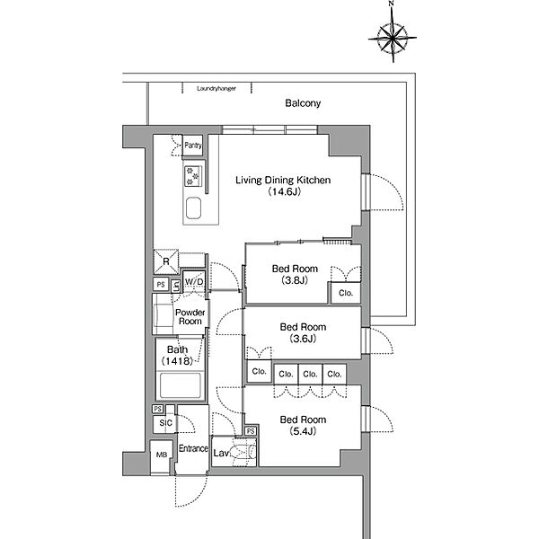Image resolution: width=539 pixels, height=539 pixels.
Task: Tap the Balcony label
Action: [303, 103]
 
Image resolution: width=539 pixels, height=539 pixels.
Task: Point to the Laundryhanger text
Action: [216, 89]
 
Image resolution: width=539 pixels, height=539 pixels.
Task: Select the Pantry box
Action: [193, 145]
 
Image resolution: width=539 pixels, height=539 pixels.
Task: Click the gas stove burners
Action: [193, 176]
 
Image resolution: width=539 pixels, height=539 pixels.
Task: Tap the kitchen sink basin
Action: [193, 208]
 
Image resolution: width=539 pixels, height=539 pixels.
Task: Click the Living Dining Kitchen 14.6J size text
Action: [284, 191]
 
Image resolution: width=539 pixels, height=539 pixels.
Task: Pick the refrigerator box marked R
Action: [166, 261]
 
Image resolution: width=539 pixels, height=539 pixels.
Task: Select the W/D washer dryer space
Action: [194, 281]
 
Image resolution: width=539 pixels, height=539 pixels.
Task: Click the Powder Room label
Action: [190, 317]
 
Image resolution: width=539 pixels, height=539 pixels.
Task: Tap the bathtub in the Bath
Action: [181, 385]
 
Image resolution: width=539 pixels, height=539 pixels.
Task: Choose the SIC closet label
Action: [165, 423]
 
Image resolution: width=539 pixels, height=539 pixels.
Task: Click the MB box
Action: [161, 455]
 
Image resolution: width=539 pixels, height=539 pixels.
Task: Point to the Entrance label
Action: [193, 448]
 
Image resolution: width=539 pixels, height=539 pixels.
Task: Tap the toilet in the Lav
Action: [243, 452]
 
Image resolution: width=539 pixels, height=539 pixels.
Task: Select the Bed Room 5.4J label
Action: [303, 425]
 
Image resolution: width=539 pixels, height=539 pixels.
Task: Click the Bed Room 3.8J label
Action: [295, 274]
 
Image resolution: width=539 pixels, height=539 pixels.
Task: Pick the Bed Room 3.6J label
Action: [303, 332]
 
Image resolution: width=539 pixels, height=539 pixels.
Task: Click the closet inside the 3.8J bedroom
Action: [346, 293]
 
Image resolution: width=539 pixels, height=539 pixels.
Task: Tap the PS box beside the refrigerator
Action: [161, 284]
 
